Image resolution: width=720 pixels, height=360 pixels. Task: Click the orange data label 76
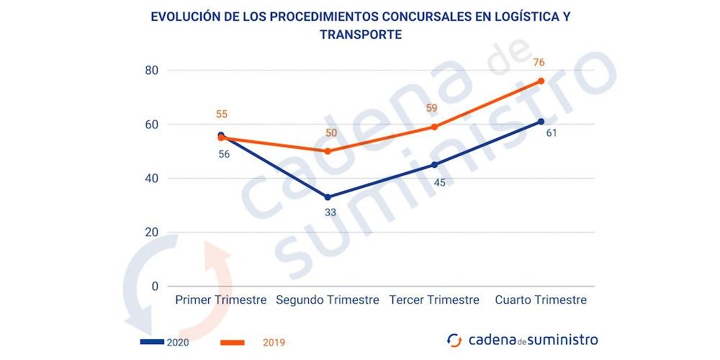point(539,63)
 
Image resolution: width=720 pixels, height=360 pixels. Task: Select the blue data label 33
point(330,212)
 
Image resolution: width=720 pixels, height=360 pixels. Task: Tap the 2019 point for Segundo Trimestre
point(328,151)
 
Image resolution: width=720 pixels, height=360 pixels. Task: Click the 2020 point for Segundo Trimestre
point(328,197)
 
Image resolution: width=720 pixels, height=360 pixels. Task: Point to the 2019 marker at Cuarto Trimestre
point(541,81)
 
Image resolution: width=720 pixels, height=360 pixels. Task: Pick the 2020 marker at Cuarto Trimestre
point(541,122)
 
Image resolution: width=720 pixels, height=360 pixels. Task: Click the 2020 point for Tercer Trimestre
point(434,165)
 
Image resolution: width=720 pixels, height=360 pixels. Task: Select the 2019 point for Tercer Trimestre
point(434,127)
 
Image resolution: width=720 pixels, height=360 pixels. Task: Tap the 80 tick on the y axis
point(150,71)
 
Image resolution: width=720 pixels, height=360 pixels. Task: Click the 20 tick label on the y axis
point(150,233)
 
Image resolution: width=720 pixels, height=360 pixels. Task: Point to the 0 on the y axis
point(154,287)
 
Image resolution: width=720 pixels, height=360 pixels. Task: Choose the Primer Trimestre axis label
point(221,300)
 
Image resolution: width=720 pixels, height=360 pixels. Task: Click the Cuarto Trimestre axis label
point(541,300)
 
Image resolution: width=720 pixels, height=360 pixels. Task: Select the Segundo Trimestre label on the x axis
point(328,300)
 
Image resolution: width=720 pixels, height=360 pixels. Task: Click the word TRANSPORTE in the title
point(360,35)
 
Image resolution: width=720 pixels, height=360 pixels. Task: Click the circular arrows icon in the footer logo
point(454,340)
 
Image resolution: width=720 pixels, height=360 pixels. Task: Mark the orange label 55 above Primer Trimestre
point(222,114)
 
